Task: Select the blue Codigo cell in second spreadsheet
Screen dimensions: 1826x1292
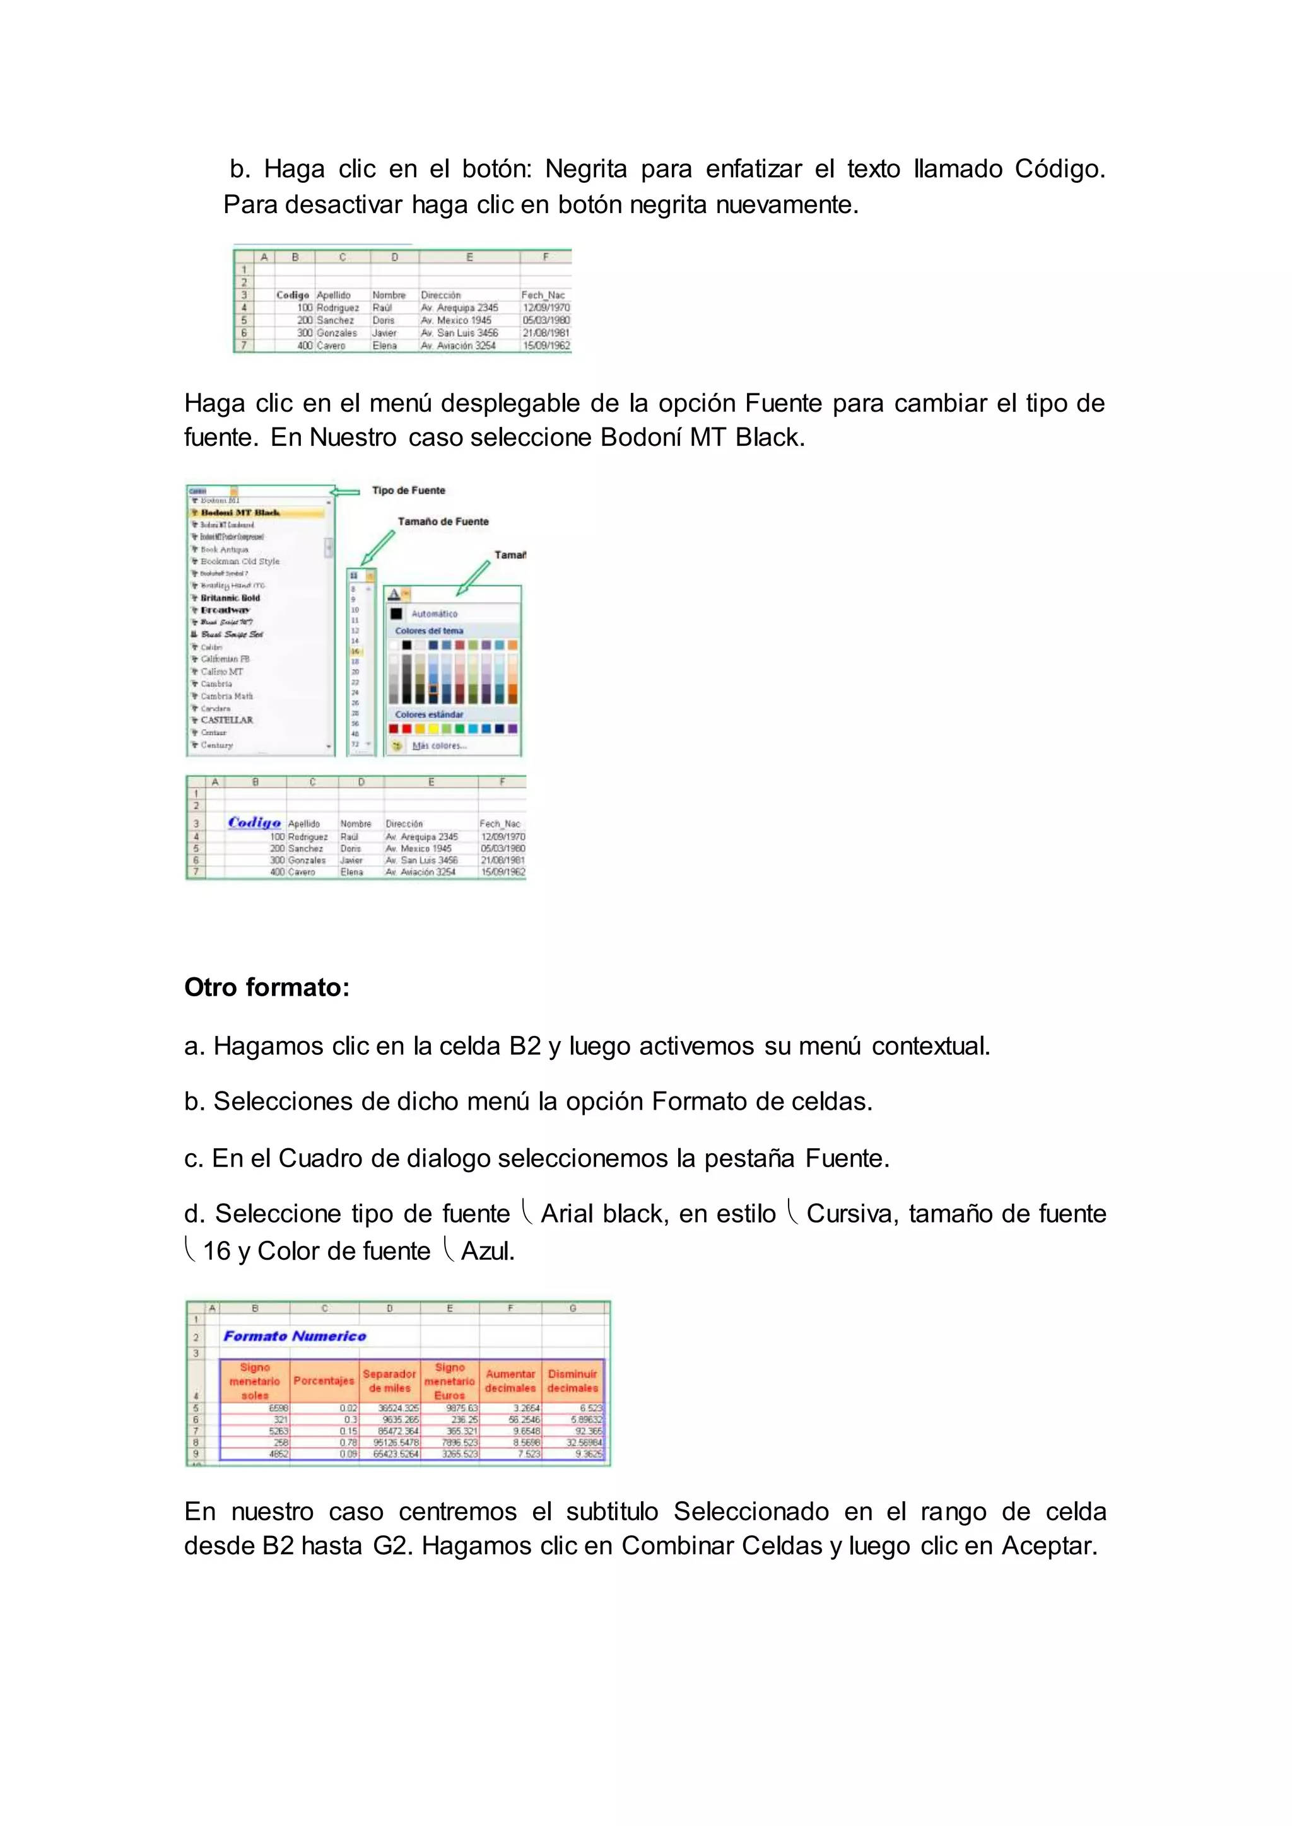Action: point(255,822)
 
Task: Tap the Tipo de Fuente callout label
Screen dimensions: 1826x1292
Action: point(408,491)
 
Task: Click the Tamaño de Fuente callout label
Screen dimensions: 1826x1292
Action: point(443,521)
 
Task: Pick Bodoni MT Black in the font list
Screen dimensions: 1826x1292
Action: point(240,513)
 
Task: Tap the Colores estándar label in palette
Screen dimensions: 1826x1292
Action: point(429,714)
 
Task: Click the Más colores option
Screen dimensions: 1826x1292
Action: point(438,746)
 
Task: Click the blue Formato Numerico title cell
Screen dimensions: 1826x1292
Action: point(295,1336)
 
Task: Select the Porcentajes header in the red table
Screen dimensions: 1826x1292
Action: point(323,1381)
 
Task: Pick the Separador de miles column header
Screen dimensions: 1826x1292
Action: point(389,1381)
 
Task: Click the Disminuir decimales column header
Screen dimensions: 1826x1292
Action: point(572,1381)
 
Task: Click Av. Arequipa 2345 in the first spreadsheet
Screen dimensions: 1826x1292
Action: point(460,308)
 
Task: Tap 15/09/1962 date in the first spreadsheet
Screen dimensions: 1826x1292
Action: point(546,346)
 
